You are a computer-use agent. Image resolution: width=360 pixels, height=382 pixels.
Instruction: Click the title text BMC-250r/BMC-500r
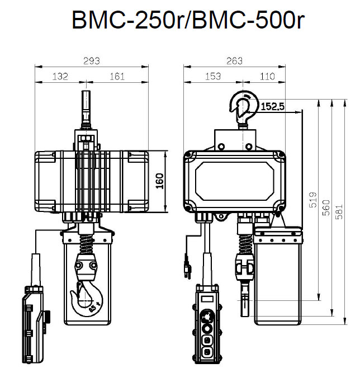[188, 21]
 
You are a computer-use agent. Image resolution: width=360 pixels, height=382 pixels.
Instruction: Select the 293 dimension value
[92, 60]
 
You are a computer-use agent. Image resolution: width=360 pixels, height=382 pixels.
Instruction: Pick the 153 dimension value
[213, 77]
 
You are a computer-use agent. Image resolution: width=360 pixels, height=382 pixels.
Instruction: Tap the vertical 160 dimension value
[160, 182]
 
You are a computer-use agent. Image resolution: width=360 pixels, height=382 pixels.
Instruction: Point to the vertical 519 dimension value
[312, 201]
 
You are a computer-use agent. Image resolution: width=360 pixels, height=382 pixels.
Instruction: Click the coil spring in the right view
[244, 244]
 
